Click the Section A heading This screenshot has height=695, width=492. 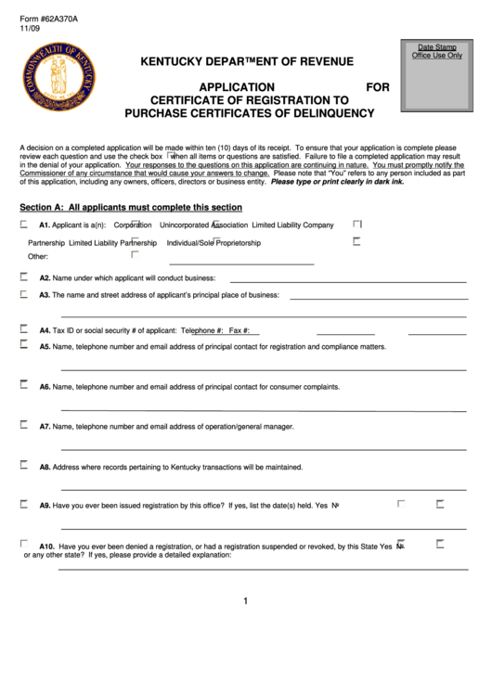pyautogui.click(x=131, y=207)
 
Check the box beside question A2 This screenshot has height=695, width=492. pyautogui.click(x=24, y=277)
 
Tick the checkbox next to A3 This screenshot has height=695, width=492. pyautogui.click(x=24, y=294)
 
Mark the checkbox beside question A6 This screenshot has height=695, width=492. pyautogui.click(x=24, y=385)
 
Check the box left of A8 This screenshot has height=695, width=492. pyautogui.click(x=24, y=466)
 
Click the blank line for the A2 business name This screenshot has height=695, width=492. pyautogui.click(x=347, y=280)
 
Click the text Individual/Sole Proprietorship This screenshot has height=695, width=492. pyautogui.click(x=214, y=243)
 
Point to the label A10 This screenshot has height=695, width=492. pyautogui.click(x=47, y=547)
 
